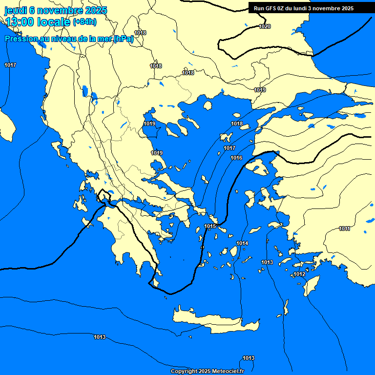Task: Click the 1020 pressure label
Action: point(265,26)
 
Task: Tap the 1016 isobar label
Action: point(236,158)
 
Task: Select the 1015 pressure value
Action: point(210,226)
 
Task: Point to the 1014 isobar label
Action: point(242,243)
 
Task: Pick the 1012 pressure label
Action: point(299,274)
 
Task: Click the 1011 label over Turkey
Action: point(344,229)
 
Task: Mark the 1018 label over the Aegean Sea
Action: point(237,124)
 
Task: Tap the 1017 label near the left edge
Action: point(10,65)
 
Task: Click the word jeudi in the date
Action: point(16,10)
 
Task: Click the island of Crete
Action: point(215,320)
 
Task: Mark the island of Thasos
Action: point(208,105)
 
